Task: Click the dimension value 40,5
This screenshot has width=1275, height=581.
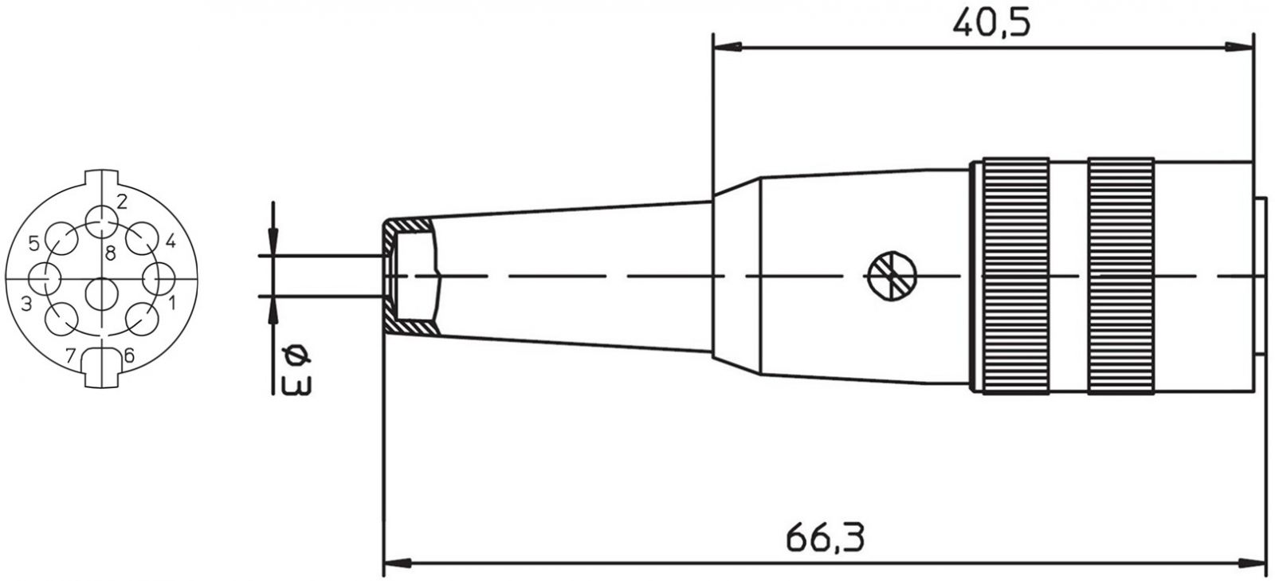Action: [x=991, y=24]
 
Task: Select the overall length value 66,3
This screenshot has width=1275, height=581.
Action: [x=825, y=538]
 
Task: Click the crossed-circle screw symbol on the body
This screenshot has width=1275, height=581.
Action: [x=892, y=276]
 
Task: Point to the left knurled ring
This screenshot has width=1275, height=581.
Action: [x=1016, y=276]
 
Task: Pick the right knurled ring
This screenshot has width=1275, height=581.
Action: [x=1120, y=276]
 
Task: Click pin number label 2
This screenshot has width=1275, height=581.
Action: [x=122, y=202]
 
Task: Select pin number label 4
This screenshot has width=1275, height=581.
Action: [x=171, y=241]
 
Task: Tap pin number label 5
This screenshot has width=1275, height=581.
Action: [x=34, y=244]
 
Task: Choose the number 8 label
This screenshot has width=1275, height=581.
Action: [x=111, y=253]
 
